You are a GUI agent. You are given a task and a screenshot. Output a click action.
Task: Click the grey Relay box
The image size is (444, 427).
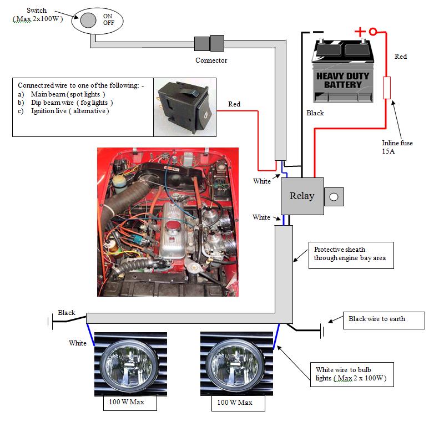coord(302,196)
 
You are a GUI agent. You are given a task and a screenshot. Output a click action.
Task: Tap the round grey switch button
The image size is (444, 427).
coord(88,21)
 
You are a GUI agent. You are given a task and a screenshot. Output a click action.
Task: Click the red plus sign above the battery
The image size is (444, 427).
coord(360,32)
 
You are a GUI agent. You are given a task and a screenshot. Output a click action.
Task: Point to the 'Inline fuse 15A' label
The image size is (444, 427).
coord(397,147)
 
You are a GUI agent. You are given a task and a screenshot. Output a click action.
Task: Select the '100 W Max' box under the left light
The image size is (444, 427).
coord(129,402)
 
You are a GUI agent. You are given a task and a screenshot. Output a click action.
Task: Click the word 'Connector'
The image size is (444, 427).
coord(211,60)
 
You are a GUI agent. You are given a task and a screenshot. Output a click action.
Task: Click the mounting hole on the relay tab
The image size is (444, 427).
coord(334,196)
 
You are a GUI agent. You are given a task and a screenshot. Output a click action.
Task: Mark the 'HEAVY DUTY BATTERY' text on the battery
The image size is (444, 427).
coord(339,80)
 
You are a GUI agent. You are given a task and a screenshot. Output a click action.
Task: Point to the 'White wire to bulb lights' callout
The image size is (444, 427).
coord(351,374)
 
